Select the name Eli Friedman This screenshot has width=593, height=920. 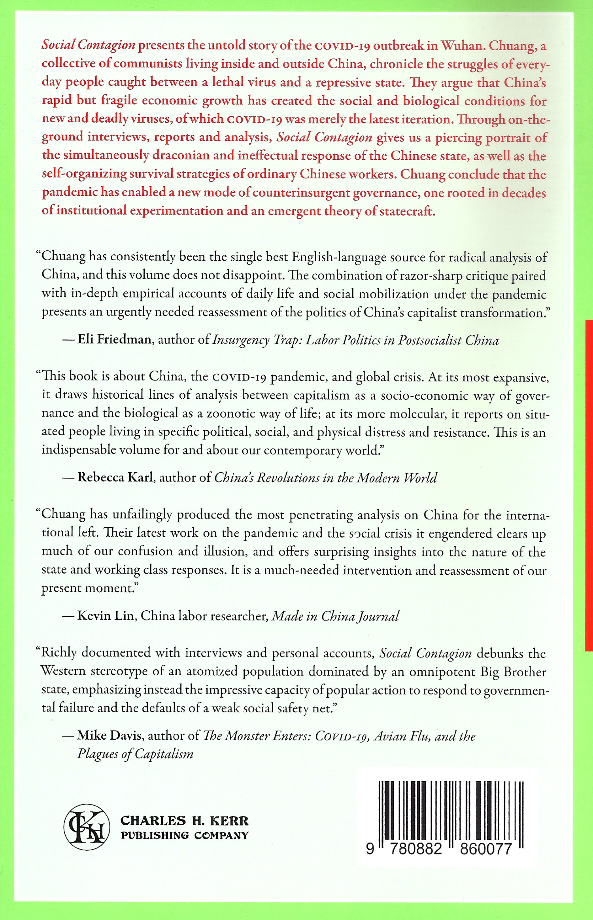pyautogui.click(x=114, y=339)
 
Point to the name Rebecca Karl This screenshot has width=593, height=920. pyautogui.click(x=115, y=477)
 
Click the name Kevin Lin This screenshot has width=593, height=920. pyautogui.click(x=106, y=616)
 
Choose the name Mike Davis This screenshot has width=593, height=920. pyautogui.click(x=110, y=735)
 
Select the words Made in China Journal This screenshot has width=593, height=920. pyautogui.click(x=335, y=616)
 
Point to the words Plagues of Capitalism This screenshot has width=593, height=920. pyautogui.click(x=136, y=754)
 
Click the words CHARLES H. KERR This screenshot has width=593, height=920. pyautogui.click(x=184, y=821)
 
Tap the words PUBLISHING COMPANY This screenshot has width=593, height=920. pyautogui.click(x=184, y=835)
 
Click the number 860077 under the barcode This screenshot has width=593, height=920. pyautogui.click(x=486, y=849)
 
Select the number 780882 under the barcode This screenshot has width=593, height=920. pyautogui.click(x=415, y=849)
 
